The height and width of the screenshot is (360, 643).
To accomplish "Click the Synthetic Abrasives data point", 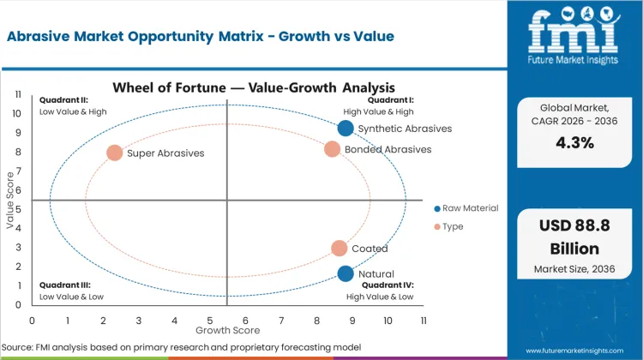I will click(x=346, y=129).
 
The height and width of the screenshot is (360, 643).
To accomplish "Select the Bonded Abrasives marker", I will click(x=333, y=149).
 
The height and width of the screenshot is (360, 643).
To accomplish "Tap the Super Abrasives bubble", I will click(x=114, y=153).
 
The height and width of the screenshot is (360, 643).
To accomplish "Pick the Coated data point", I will click(x=340, y=249).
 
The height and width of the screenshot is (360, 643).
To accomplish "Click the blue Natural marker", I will click(x=346, y=274).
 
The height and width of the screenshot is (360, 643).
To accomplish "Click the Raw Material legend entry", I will click(x=466, y=208).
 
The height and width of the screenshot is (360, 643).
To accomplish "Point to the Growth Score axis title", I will click(x=227, y=329).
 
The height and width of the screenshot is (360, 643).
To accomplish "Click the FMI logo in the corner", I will click(x=574, y=34).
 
